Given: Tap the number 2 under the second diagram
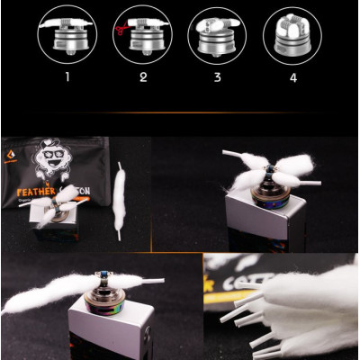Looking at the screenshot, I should (x=141, y=77).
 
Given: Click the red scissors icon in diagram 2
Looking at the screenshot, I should (x=120, y=31).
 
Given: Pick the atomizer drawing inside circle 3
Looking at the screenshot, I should (x=216, y=34).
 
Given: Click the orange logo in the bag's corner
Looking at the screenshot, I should (x=17, y=144).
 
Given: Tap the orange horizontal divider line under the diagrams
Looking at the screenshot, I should (x=180, y=112).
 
